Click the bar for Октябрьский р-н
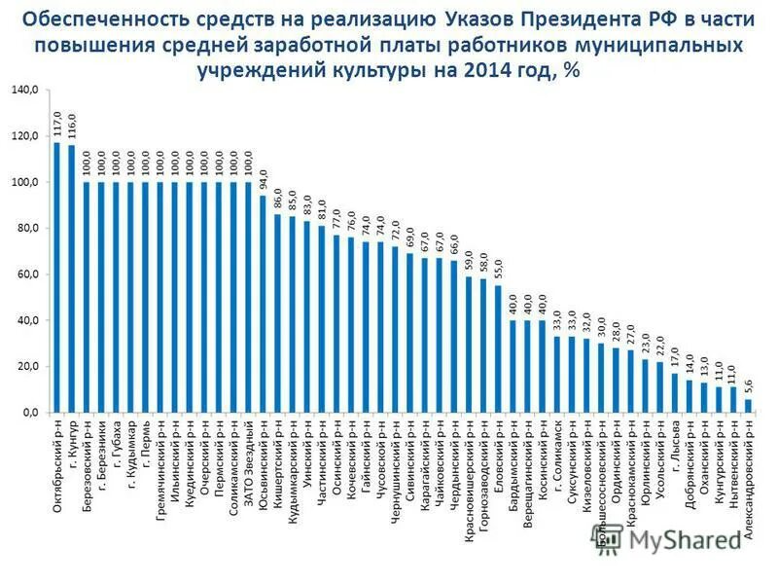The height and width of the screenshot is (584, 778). pyautogui.click(x=56, y=277)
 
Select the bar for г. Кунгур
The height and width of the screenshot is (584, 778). pyautogui.click(x=71, y=278)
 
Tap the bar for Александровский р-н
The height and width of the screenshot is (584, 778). pyautogui.click(x=748, y=406)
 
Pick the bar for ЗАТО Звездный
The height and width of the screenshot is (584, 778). pyautogui.click(x=248, y=298)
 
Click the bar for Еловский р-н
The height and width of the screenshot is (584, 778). pyautogui.click(x=498, y=348)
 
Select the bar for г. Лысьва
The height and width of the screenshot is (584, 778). pyautogui.click(x=674, y=392)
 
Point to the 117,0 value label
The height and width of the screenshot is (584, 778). pyautogui.click(x=56, y=125)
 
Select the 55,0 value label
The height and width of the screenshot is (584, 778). pyautogui.click(x=498, y=268)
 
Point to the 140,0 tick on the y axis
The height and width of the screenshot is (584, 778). pyautogui.click(x=24, y=90)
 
